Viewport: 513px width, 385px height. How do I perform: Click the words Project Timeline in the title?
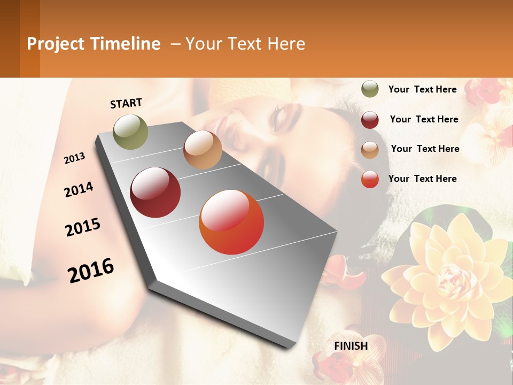coord(94,44)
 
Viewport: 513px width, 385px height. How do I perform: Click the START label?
coord(126,103)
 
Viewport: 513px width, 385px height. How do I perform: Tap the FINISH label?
coord(351,346)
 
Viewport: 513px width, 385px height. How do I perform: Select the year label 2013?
coord(75,158)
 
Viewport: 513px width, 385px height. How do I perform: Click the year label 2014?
coord(79,190)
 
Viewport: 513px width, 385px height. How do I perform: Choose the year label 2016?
coord(91,270)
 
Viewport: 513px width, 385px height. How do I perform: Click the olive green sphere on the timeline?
coord(131,132)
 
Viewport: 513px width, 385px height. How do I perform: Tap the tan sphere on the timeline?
coord(203,150)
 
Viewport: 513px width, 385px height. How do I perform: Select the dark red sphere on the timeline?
coord(156,192)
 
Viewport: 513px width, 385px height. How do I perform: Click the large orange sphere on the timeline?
coord(231,222)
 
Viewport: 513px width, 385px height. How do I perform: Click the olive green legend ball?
coord(370,89)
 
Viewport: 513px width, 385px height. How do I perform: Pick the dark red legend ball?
coord(370,120)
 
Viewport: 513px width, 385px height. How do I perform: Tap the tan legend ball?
coord(370,150)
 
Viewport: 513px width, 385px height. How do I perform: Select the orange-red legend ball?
coord(370,179)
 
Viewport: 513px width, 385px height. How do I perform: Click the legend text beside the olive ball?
coord(422,89)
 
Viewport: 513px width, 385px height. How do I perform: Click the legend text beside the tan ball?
coord(425,149)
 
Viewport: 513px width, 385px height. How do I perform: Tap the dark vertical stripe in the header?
coord(29,38)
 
